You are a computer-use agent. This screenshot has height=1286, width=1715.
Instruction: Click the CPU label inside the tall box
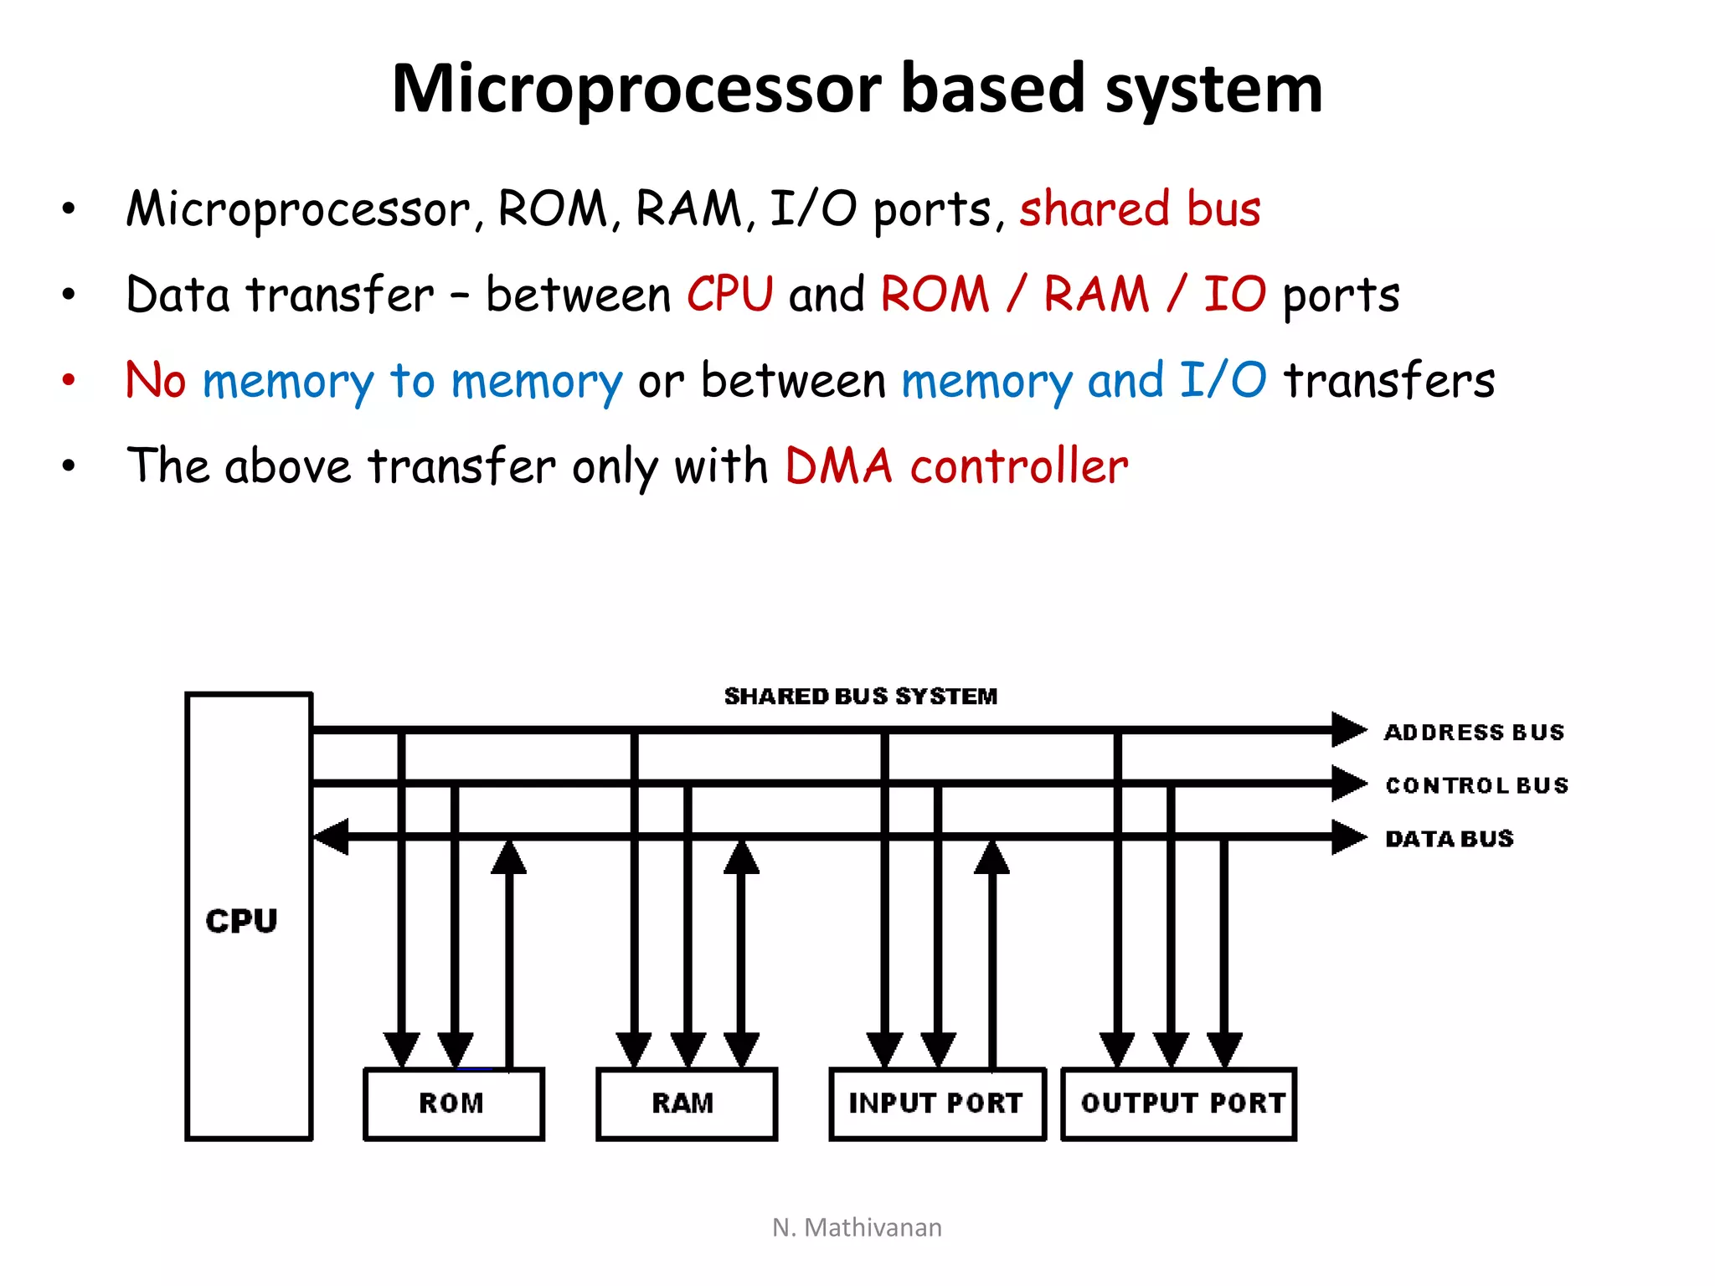241,921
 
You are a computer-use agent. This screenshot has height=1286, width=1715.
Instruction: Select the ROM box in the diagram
453,1103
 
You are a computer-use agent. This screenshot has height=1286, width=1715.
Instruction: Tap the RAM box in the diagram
686,1103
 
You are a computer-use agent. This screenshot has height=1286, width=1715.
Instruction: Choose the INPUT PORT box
936,1103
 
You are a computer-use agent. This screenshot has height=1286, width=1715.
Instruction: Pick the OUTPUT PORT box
1179,1103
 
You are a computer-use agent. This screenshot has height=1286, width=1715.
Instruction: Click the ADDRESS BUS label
1474,733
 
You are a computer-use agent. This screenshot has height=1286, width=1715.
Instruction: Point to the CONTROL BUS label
1476,785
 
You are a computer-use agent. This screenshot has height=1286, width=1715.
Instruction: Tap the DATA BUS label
1450,838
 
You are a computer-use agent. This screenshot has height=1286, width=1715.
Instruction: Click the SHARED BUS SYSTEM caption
861,696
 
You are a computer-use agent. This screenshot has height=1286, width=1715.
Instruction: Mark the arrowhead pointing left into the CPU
331,836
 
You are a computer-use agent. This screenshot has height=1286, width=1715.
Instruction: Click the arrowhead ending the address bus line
1348,729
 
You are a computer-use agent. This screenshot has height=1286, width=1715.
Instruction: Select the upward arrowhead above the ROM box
508,858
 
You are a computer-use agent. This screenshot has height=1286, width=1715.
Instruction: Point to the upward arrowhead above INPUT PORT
991,858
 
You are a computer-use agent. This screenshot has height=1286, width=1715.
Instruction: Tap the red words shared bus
1140,208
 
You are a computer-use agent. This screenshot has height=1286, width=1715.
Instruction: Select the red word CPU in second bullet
729,295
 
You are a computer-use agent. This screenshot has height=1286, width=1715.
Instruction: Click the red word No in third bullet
156,380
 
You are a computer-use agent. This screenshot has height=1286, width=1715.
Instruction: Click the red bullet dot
69,380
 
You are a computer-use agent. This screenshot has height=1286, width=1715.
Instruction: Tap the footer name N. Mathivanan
857,1227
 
